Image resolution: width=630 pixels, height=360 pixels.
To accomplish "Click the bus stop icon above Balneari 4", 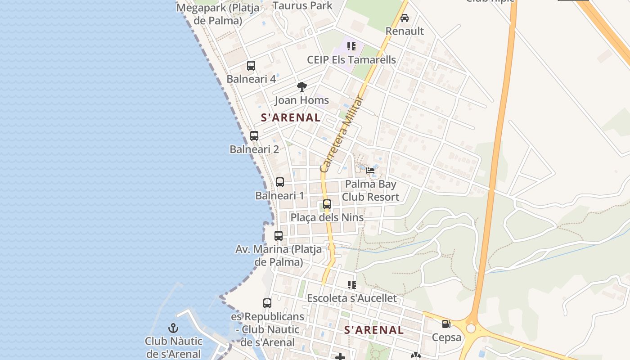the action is pyautogui.click(x=251, y=66).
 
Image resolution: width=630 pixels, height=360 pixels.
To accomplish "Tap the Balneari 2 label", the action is pyautogui.click(x=254, y=149).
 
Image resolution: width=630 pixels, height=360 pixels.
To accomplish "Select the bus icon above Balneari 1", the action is pyautogui.click(x=280, y=182).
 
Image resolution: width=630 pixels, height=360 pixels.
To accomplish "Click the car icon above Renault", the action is pyautogui.click(x=405, y=18).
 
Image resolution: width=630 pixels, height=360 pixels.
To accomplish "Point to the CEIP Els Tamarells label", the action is pyautogui.click(x=351, y=60).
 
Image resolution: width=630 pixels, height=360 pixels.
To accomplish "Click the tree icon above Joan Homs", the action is pyautogui.click(x=302, y=87).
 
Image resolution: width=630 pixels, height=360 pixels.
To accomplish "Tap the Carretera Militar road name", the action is pyautogui.click(x=342, y=134).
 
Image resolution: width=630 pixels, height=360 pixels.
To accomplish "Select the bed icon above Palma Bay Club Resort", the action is pyautogui.click(x=370, y=170).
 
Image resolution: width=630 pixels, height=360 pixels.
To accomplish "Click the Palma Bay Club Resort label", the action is pyautogui.click(x=370, y=190).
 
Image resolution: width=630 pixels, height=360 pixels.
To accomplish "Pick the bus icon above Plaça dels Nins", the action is pyautogui.click(x=327, y=204).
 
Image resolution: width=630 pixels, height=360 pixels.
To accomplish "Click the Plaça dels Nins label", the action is pyautogui.click(x=327, y=218).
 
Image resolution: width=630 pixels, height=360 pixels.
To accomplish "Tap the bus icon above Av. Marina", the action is pyautogui.click(x=279, y=235).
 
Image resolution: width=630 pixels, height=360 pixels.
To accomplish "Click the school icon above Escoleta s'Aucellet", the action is pyautogui.click(x=351, y=284).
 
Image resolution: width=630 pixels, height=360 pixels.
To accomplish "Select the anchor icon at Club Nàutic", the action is pyautogui.click(x=173, y=328).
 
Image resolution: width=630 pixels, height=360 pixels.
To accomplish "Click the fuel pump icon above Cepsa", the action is pyautogui.click(x=446, y=324).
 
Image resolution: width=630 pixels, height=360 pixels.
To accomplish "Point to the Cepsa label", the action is pyautogui.click(x=446, y=337).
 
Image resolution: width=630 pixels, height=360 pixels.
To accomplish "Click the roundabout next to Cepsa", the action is pyautogui.click(x=471, y=328).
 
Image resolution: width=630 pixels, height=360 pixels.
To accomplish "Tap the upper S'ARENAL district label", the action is pyautogui.click(x=291, y=118).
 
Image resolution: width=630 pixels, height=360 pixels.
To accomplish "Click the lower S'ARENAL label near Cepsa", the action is pyautogui.click(x=374, y=330).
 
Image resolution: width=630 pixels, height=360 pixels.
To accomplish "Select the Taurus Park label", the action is pyautogui.click(x=302, y=6).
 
